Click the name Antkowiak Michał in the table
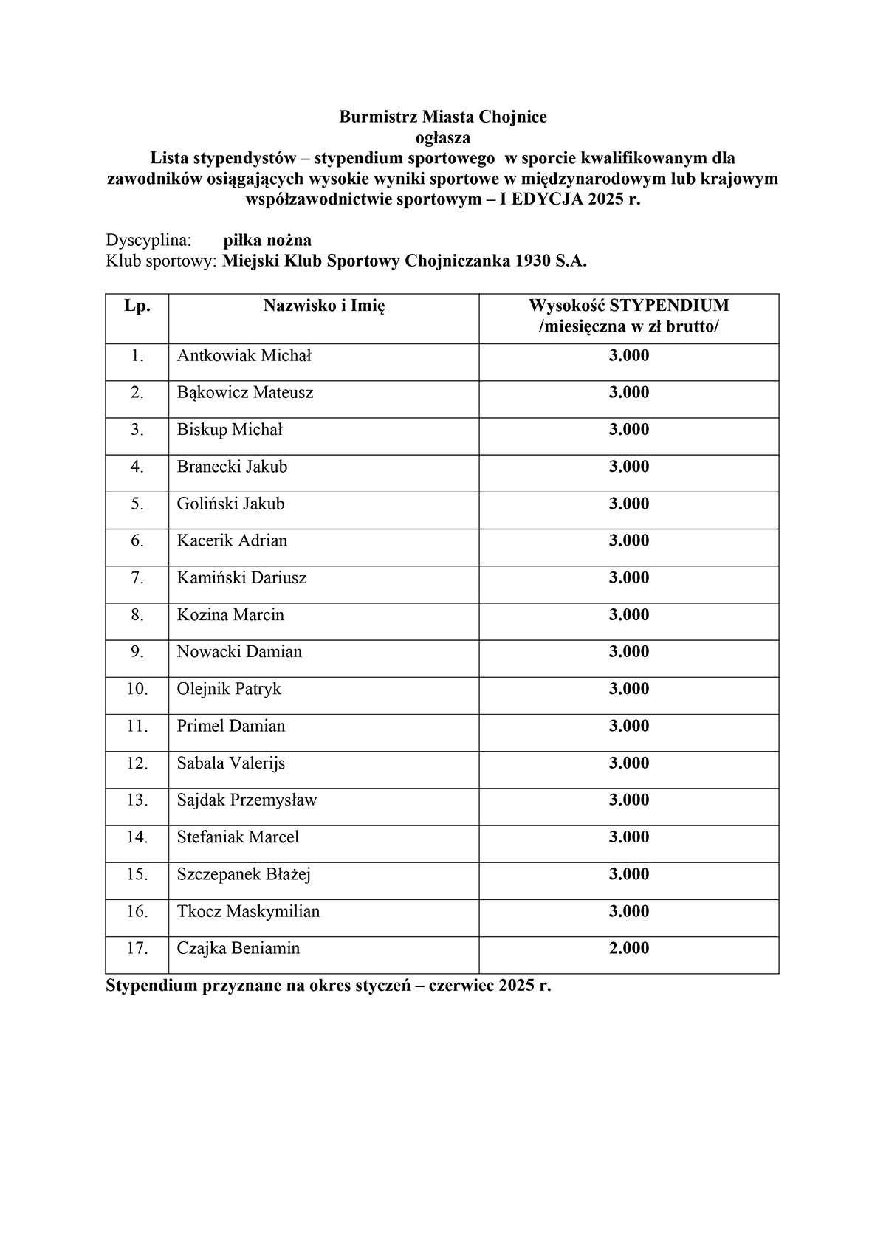[x=244, y=356]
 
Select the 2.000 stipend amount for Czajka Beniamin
[x=629, y=948]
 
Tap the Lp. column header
[x=137, y=306]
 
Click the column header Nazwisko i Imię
[x=324, y=306]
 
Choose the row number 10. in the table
[x=137, y=689]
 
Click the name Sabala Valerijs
[x=230, y=763]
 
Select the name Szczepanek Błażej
[x=244, y=874]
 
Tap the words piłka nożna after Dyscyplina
[x=267, y=240]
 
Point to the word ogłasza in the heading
[x=443, y=137]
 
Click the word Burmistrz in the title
[x=378, y=117]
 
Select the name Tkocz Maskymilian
[x=248, y=911]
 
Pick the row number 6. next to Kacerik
[x=137, y=540]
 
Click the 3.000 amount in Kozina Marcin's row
[x=629, y=615]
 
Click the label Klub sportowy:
[x=162, y=261]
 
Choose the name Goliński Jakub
[x=230, y=504]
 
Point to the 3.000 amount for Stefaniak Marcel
[x=629, y=837]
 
